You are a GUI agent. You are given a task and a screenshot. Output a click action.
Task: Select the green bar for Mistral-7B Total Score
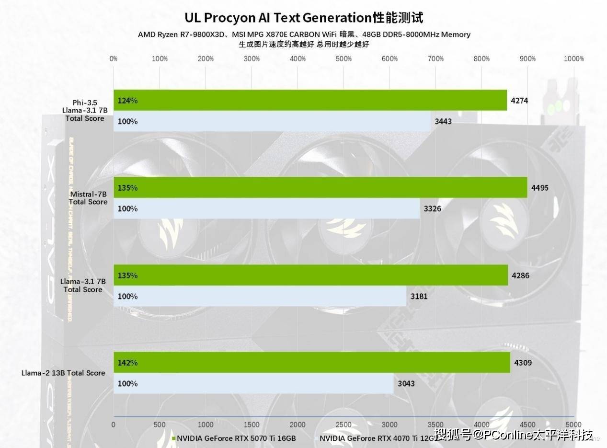click(320, 187)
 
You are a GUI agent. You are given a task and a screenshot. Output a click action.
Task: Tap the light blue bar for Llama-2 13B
click(253, 383)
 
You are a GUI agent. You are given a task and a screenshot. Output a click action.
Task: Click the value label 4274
click(519, 101)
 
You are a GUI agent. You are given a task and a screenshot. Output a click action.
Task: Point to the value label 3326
click(432, 208)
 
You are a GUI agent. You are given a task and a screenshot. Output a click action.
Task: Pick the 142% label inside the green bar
click(127, 363)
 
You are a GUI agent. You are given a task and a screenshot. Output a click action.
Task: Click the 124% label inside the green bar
click(127, 101)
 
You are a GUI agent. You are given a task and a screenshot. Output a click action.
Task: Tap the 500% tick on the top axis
click(344, 59)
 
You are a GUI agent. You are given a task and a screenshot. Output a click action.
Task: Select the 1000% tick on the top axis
click(573, 59)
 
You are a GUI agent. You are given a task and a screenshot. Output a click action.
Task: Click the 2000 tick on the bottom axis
click(298, 425)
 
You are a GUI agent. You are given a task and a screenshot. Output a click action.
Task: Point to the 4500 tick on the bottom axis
click(527, 425)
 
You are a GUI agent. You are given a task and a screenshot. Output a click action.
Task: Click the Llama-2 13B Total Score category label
click(63, 373)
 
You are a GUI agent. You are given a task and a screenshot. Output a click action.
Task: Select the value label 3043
click(406, 383)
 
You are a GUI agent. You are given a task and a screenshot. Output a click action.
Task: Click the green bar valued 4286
click(310, 275)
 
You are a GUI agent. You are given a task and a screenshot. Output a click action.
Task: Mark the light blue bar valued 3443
click(272, 121)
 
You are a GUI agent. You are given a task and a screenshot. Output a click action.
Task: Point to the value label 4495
click(540, 188)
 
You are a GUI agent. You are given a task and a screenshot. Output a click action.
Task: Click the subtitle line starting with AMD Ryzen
click(304, 34)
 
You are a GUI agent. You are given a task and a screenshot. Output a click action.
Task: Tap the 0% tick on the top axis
click(114, 59)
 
